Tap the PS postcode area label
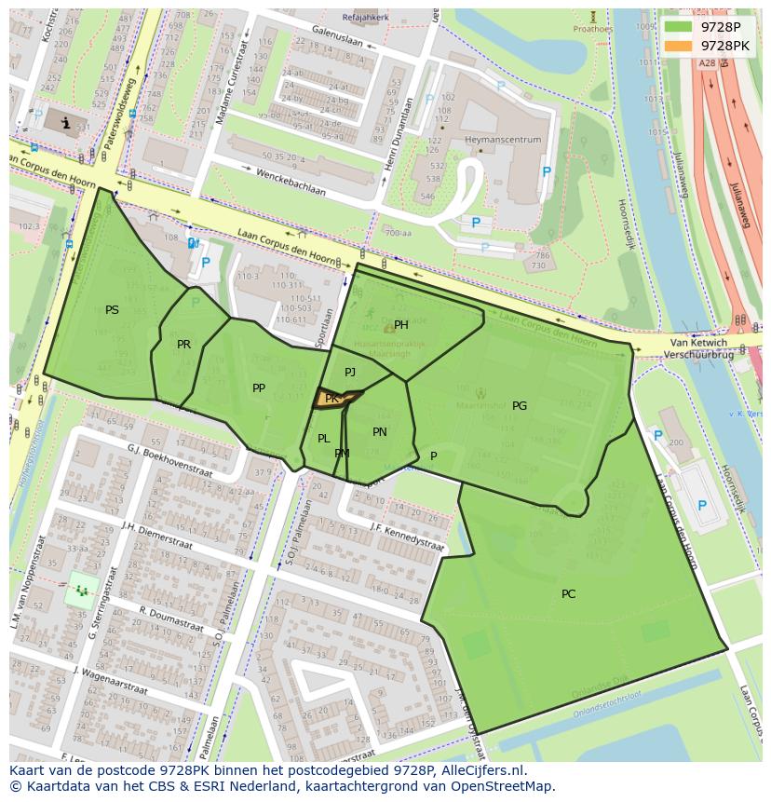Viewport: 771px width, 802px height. pos(112,310)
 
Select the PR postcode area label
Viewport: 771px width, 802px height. pos(183,345)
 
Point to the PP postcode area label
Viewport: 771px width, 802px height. pos(259,387)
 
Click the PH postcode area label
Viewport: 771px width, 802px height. pos(401,325)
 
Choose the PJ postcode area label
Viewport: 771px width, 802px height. pos(350,372)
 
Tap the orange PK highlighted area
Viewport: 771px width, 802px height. pos(332,399)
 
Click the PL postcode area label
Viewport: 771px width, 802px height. pos(323,438)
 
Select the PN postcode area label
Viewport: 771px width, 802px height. pos(380,431)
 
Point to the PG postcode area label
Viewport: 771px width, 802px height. pos(520,405)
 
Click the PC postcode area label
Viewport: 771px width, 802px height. pos(568,593)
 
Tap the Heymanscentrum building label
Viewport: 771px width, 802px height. pos(503,140)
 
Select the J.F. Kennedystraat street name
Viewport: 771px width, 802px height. pos(407,538)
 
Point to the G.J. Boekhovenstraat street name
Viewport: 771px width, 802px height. pos(170,459)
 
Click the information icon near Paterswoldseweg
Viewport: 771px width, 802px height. pos(64,122)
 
